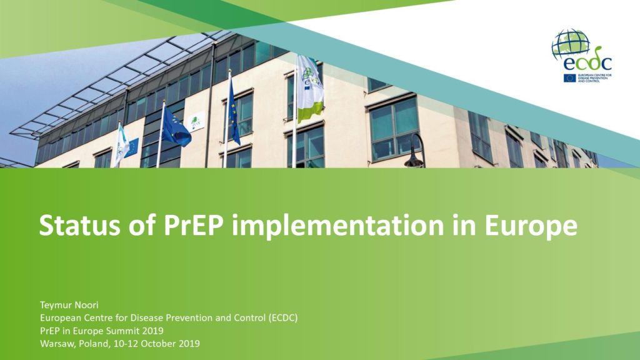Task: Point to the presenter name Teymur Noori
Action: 69,305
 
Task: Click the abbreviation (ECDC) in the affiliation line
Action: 283,317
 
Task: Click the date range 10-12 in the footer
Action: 126,343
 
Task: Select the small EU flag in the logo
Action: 569,78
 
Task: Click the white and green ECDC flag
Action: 310,87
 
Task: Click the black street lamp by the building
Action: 415,151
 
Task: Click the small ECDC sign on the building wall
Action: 196,121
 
